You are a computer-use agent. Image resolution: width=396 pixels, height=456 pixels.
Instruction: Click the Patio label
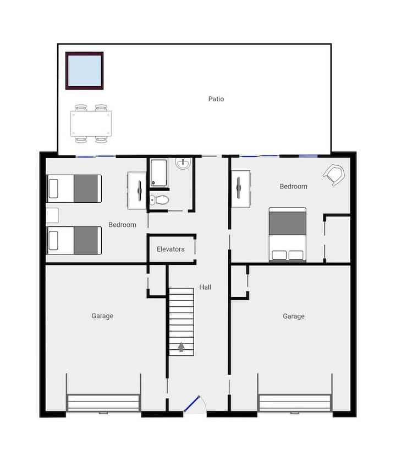[x=216, y=99]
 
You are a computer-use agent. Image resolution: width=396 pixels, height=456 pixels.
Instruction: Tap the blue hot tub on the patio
[x=85, y=71]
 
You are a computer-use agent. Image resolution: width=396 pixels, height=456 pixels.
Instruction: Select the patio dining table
[x=91, y=124]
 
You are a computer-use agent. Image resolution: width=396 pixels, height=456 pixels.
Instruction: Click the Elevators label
[x=170, y=249]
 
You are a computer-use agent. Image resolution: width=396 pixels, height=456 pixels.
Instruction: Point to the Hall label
[x=205, y=287]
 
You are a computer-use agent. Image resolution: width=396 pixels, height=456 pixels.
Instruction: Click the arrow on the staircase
[x=182, y=347]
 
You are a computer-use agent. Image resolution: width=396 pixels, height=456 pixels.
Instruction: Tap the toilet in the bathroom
[x=159, y=200]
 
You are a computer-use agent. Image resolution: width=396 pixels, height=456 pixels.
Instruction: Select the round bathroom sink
[x=183, y=163]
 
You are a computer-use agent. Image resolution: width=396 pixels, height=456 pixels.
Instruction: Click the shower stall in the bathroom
[x=159, y=173]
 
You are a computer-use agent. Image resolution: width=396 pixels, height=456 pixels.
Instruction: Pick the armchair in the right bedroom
[x=334, y=175]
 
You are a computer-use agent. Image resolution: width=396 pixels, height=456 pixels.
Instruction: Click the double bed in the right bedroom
[x=288, y=235]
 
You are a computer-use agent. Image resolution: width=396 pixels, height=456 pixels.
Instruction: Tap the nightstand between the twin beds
[x=52, y=215]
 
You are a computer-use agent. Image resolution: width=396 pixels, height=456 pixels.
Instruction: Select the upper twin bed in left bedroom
[x=74, y=188]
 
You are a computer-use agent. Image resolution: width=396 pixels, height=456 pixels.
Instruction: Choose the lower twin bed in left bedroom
[x=74, y=241]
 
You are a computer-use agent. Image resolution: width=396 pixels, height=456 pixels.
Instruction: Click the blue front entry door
[x=192, y=404]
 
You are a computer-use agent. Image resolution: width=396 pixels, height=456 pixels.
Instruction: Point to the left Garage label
[x=102, y=316]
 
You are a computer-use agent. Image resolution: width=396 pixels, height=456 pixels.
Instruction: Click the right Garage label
[x=294, y=316]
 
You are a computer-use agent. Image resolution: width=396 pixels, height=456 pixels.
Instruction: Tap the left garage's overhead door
[x=103, y=403]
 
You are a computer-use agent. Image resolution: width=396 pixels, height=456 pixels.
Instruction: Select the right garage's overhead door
[x=295, y=403]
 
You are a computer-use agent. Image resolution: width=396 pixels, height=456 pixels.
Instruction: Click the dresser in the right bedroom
[x=241, y=189]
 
